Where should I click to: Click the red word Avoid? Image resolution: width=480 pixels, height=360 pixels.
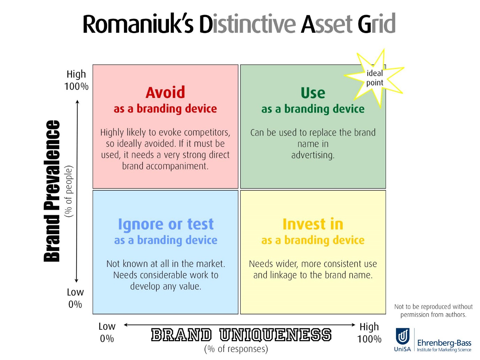[165, 92]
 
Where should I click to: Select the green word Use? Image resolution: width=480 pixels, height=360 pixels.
[313, 93]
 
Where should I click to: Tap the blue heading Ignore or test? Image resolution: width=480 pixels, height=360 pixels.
[165, 224]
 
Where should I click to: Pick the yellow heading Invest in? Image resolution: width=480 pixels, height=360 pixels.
[313, 224]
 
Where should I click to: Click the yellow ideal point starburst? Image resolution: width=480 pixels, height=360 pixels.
[374, 78]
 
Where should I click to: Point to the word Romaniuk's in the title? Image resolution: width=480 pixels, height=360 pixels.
[138, 24]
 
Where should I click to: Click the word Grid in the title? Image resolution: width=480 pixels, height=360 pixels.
[376, 23]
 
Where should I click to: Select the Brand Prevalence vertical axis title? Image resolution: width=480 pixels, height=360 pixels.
[52, 191]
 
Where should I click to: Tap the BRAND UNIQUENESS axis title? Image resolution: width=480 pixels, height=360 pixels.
[241, 335]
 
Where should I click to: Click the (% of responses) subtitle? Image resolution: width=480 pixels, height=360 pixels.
[236, 349]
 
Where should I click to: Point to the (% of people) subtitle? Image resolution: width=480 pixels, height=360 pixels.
[69, 191]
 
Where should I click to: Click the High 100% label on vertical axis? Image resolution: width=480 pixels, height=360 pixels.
[76, 80]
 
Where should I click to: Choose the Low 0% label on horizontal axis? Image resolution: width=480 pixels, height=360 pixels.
[107, 332]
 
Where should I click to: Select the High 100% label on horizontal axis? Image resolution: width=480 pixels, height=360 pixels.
[369, 333]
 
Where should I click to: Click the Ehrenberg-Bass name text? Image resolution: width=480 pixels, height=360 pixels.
[444, 343]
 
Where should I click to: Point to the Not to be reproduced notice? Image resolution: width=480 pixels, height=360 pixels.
[433, 311]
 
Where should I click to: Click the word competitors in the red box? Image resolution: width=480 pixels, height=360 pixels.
[207, 132]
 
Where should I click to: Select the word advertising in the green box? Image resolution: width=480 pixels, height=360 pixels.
[313, 155]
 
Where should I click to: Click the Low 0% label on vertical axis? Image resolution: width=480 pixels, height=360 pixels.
[75, 298]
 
